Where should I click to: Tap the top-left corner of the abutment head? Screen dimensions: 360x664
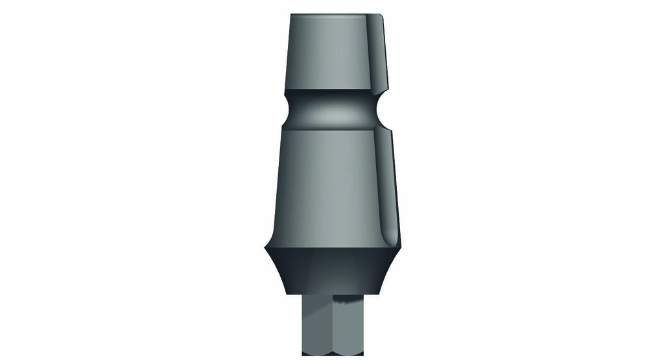point(291,15)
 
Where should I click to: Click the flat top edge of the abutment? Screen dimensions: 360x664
point(334,14)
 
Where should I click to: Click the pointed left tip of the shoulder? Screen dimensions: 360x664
point(265,249)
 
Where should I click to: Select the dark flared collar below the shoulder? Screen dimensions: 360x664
point(331,272)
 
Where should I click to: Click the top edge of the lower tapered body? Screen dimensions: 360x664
point(334,128)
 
